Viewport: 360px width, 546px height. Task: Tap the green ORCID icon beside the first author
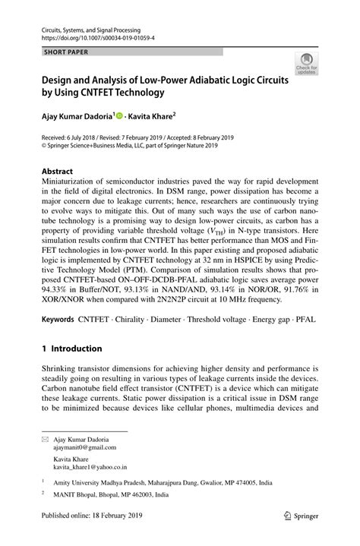coord(120,115)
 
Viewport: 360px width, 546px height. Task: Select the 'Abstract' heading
coord(58,172)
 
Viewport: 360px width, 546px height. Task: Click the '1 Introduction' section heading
coord(72,349)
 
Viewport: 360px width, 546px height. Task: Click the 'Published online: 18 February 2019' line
coord(95,536)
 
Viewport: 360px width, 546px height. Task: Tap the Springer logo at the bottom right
coord(298,535)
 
